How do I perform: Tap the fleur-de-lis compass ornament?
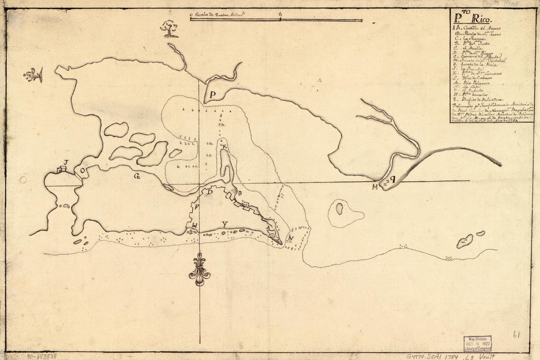199,269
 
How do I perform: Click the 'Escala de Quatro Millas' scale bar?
276,20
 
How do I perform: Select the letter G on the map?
137,177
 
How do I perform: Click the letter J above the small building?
66,162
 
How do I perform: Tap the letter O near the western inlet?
82,170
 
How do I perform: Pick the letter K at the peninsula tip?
224,147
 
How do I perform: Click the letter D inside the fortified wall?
210,192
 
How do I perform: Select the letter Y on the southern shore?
224,224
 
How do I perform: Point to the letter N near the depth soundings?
291,239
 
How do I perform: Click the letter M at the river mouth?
376,187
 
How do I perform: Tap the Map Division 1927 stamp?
478,343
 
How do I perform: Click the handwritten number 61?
516,335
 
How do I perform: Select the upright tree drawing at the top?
170,28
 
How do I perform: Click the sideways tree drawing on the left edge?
34,75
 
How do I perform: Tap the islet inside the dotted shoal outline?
339,209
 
